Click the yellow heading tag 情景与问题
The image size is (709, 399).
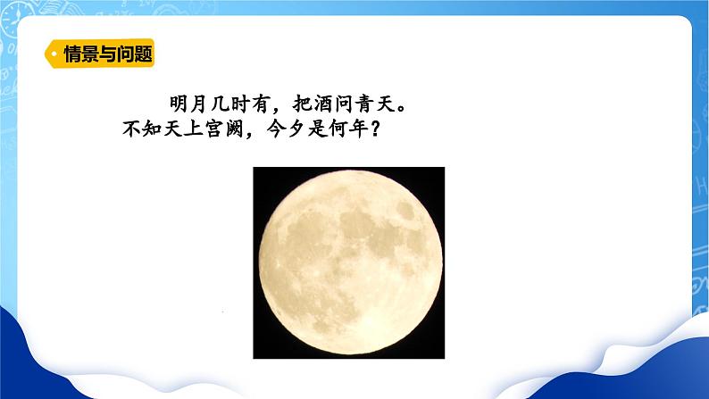[99, 54]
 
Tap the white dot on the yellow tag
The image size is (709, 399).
[54, 54]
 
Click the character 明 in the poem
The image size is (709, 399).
[179, 104]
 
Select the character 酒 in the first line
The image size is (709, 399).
[322, 104]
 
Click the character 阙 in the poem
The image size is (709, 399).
[235, 129]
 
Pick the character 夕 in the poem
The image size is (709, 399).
[296, 129]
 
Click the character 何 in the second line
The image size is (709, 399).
[338, 129]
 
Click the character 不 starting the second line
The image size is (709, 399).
[131, 129]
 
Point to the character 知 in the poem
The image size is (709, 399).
[152, 129]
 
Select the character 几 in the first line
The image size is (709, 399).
[221, 104]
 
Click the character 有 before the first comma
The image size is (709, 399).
[262, 104]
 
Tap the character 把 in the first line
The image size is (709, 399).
[302, 104]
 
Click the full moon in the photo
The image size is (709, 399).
[350, 262]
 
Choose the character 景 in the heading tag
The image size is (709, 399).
[86, 54]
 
